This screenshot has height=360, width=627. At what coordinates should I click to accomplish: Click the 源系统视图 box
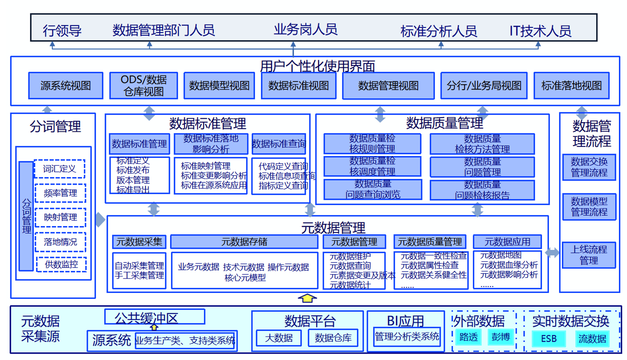pos(66,86)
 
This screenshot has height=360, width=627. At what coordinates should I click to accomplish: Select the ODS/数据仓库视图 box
pos(144,86)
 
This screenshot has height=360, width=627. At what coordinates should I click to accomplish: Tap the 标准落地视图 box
pos(571,86)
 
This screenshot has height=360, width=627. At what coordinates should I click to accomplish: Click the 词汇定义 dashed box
pos(60,169)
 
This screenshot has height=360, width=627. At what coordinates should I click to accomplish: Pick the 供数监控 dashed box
pos(61,264)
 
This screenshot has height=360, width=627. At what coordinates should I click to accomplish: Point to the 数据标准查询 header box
pos(279,144)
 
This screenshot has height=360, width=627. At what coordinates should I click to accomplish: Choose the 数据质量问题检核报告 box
pos(482,190)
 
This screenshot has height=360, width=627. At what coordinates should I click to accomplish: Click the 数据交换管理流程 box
pos(589,167)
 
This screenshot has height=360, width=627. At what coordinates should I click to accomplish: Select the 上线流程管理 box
pos(589,255)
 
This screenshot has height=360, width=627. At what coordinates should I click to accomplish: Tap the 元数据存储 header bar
pos(244,242)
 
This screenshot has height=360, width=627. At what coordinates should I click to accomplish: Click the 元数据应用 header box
pos(507,242)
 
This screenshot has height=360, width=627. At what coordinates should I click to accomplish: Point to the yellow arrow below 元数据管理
pos(307,298)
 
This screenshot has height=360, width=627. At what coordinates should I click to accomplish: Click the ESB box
pos(549,338)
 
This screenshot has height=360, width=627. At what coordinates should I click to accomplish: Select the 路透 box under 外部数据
pos(468,337)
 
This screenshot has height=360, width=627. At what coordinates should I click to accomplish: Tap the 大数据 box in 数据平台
pos(279,338)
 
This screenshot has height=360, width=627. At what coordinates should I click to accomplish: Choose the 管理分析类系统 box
pos(407,337)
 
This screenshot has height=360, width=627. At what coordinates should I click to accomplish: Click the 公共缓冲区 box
pos(155,317)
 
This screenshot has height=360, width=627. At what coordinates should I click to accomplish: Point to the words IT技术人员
pos(540,31)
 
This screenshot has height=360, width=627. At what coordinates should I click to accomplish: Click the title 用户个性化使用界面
pos(318,66)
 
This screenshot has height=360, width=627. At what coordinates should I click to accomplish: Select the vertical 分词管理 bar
pos(26,216)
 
